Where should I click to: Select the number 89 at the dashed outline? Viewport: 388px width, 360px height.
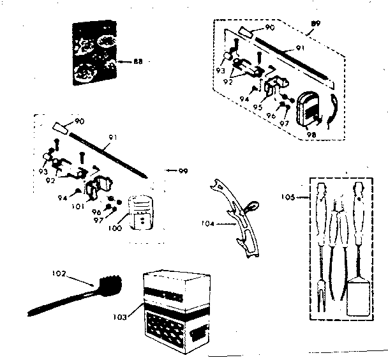tap(314, 24)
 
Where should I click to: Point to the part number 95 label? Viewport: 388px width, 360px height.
tap(258, 107)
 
